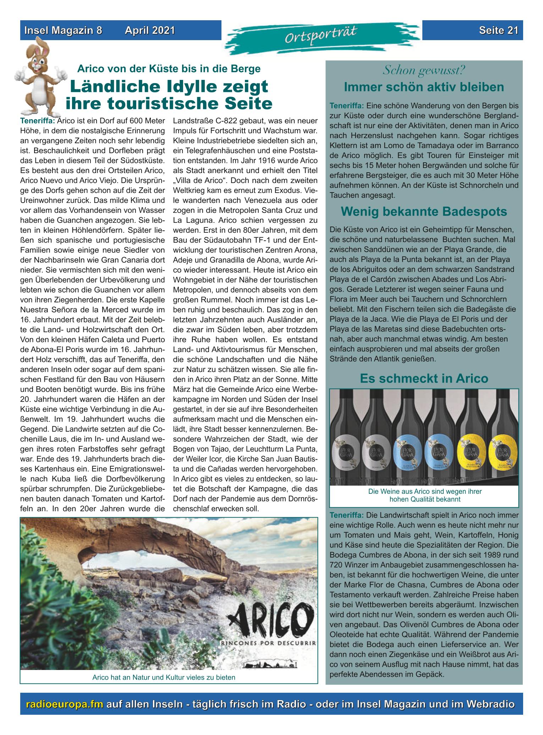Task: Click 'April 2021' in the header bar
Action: coord(150,31)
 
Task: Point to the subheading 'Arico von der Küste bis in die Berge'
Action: coord(169,69)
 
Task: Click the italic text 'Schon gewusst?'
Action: coord(424,70)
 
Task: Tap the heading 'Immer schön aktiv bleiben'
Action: coord(424,87)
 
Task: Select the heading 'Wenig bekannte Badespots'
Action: coord(424,212)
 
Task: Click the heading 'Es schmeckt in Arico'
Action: coord(424,378)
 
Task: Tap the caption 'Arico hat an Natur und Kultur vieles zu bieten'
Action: coord(164,677)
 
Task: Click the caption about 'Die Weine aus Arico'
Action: coord(424,495)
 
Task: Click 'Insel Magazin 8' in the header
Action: coord(63,31)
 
